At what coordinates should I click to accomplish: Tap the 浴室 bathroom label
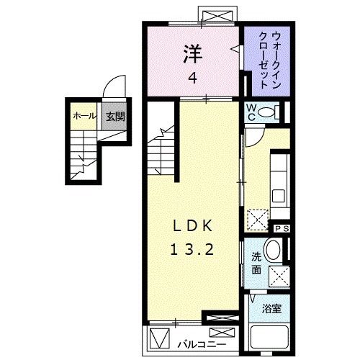pos(271,308)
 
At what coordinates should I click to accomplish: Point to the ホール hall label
pos(84,115)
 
